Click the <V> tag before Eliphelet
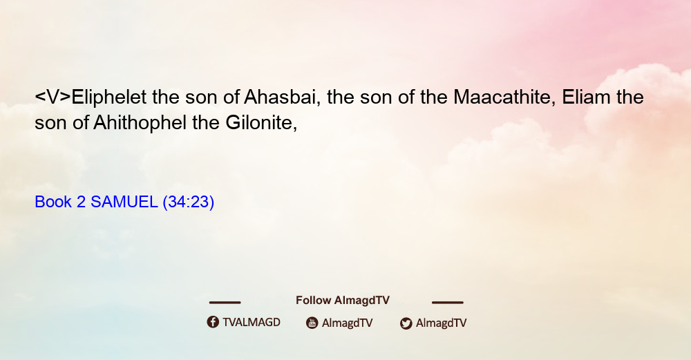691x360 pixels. pyautogui.click(x=53, y=97)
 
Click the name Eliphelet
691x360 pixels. pyautogui.click(x=109, y=97)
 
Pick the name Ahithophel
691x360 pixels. pyautogui.click(x=140, y=123)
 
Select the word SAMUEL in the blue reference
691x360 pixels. pyautogui.click(x=124, y=202)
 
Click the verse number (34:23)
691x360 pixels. pyautogui.click(x=188, y=202)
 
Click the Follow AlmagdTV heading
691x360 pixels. pyautogui.click(x=343, y=301)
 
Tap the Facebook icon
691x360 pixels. pyautogui.click(x=213, y=322)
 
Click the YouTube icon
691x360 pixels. pyautogui.click(x=312, y=323)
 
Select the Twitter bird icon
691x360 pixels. pyautogui.click(x=406, y=323)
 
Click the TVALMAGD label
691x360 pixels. pyautogui.click(x=252, y=323)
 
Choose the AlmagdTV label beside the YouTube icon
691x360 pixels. pyautogui.click(x=348, y=323)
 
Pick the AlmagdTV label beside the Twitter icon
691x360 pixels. pyautogui.click(x=441, y=323)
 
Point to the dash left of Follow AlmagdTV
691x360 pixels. pyautogui.click(x=225, y=302)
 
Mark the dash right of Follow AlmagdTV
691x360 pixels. pyautogui.click(x=448, y=302)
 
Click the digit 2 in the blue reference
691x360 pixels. pyautogui.click(x=81, y=202)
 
